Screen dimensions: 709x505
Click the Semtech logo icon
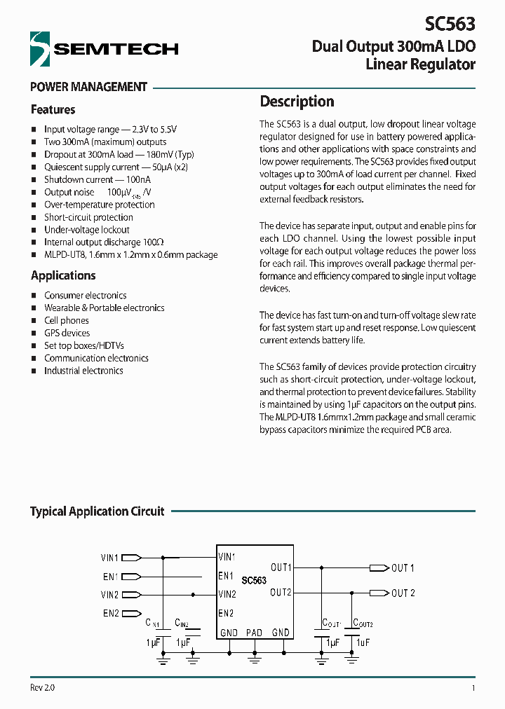(41, 48)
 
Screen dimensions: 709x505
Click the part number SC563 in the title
(450, 25)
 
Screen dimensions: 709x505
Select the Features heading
(53, 110)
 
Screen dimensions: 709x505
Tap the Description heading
(297, 102)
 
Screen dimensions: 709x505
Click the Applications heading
(63, 276)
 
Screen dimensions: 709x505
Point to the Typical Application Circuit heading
(97, 511)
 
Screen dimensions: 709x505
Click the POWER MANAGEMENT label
(88, 88)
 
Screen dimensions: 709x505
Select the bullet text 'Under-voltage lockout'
(86, 230)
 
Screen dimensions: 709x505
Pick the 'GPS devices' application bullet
(67, 333)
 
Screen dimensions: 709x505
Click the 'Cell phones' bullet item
(67, 320)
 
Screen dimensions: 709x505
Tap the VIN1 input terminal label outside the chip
(109, 558)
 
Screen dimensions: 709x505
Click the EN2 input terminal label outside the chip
(111, 614)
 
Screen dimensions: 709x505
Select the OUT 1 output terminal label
(403, 568)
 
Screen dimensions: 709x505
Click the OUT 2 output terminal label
(403, 593)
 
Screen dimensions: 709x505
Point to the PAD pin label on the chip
(254, 633)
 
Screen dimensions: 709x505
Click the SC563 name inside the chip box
(254, 581)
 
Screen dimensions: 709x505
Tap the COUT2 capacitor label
(363, 623)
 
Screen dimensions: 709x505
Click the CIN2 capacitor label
(182, 623)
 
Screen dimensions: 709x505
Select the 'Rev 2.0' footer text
(42, 687)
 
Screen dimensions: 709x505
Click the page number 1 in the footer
(473, 688)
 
